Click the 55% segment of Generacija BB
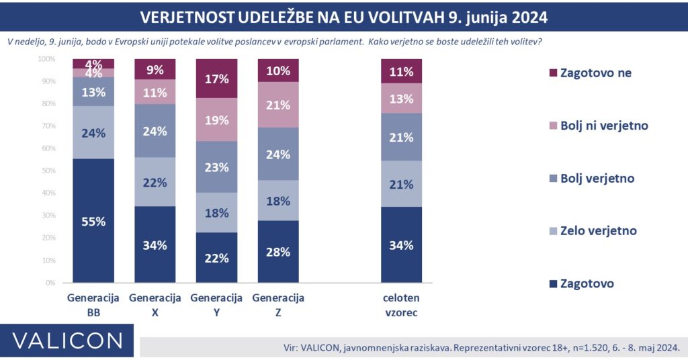point(93,221)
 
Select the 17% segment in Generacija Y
point(217,79)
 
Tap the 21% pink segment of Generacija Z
point(278,105)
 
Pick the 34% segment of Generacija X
point(155,244)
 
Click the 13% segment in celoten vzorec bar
point(401,99)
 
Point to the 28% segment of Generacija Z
point(278,252)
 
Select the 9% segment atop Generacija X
point(155,69)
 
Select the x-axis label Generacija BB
point(93,305)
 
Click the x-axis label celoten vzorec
point(401,305)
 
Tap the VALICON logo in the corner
point(67,340)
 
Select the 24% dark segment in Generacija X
point(155,131)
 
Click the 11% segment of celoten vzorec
point(401,71)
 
